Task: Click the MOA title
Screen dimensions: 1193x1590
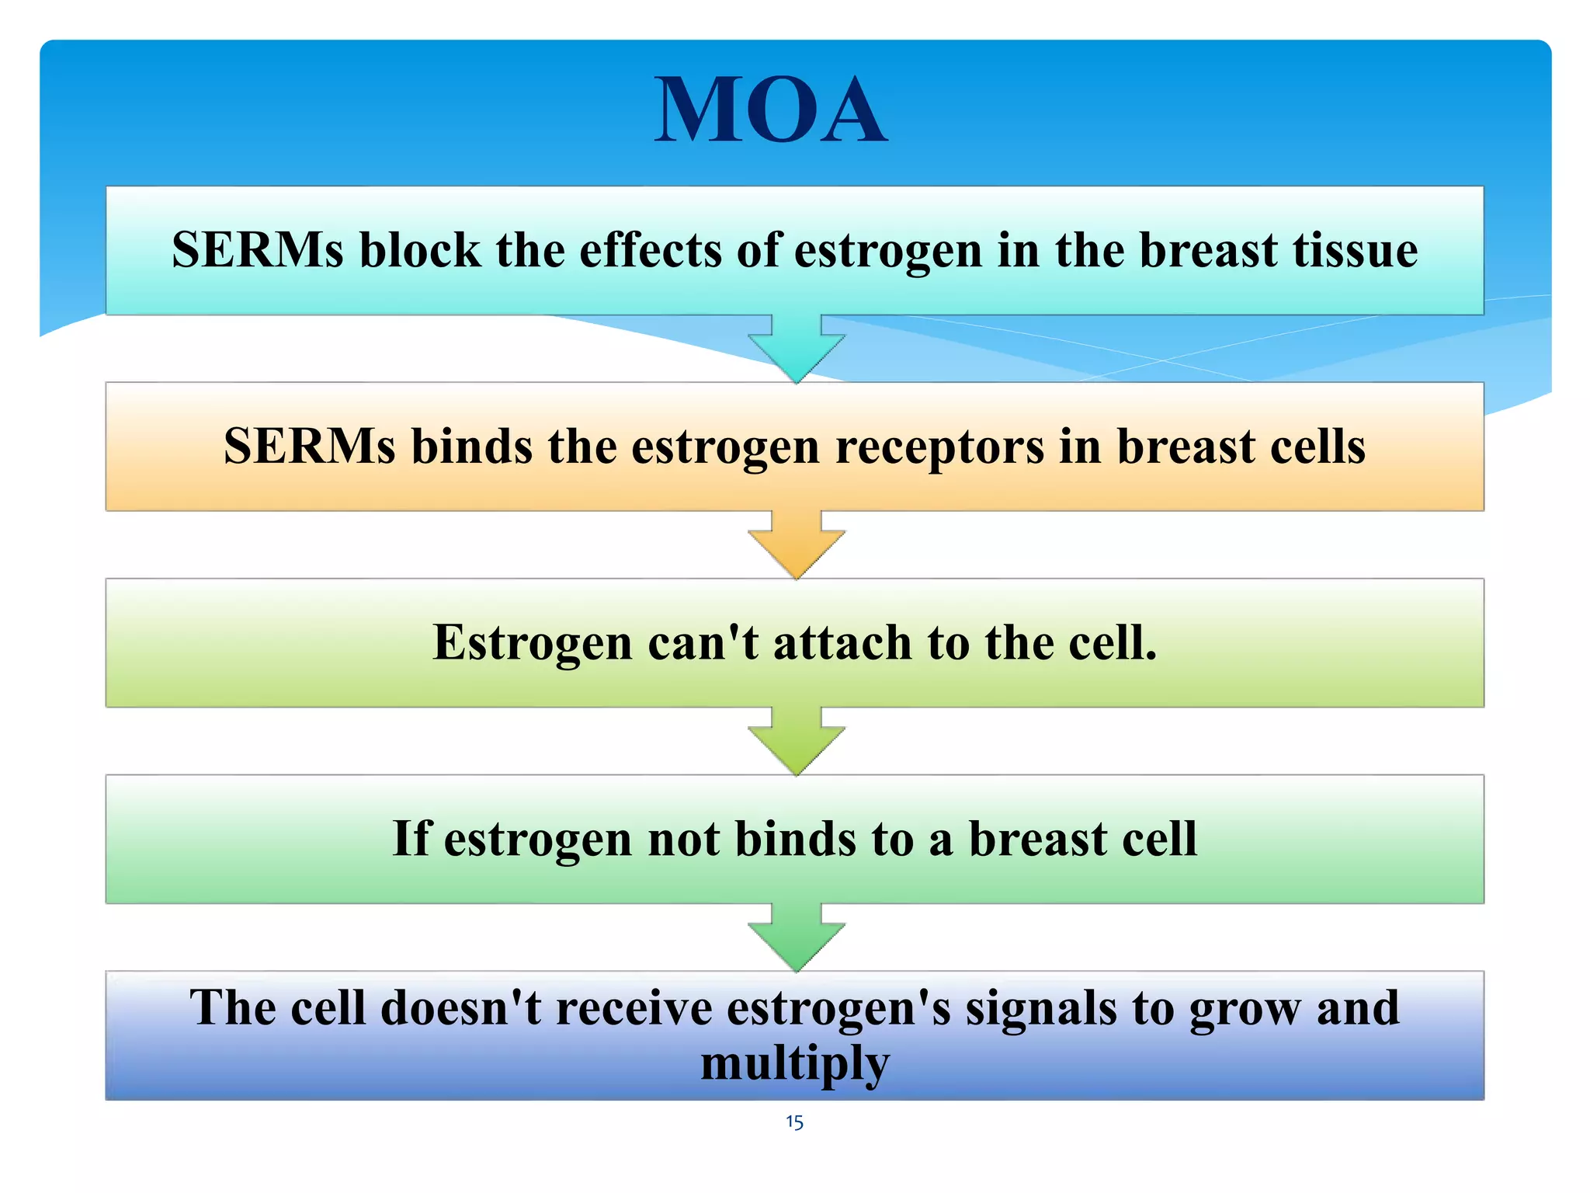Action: click(x=770, y=111)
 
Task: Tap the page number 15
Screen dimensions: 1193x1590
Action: click(x=794, y=1122)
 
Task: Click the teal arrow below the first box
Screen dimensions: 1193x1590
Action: click(x=796, y=350)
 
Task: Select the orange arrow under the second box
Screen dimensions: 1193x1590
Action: click(x=796, y=545)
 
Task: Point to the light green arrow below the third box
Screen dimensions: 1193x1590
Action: click(x=796, y=742)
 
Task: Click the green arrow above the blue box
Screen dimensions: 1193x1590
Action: click(x=796, y=937)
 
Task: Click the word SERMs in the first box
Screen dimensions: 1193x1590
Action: click(x=257, y=250)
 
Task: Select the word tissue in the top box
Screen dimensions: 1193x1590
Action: click(x=1355, y=250)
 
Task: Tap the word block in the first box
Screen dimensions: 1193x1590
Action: click(x=419, y=250)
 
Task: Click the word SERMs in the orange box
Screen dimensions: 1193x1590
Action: click(x=309, y=447)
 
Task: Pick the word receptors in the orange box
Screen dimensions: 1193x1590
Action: click(x=939, y=448)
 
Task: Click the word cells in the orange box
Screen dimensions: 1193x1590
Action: click(x=1317, y=447)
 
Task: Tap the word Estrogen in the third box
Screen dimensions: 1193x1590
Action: click(x=533, y=643)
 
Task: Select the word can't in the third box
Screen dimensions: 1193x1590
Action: click(x=703, y=643)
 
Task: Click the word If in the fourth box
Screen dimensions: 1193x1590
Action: click(x=411, y=839)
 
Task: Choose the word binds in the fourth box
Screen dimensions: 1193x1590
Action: click(x=795, y=839)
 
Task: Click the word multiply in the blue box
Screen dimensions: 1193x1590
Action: click(x=795, y=1064)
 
